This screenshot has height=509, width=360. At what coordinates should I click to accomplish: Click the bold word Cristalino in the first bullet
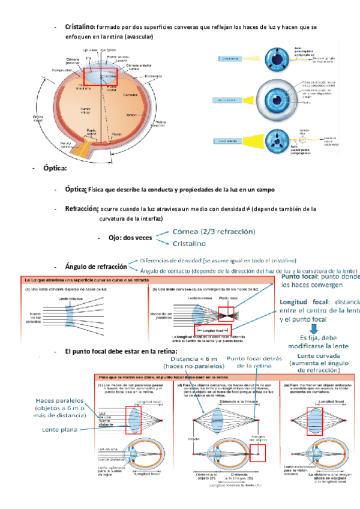coord(80,28)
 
